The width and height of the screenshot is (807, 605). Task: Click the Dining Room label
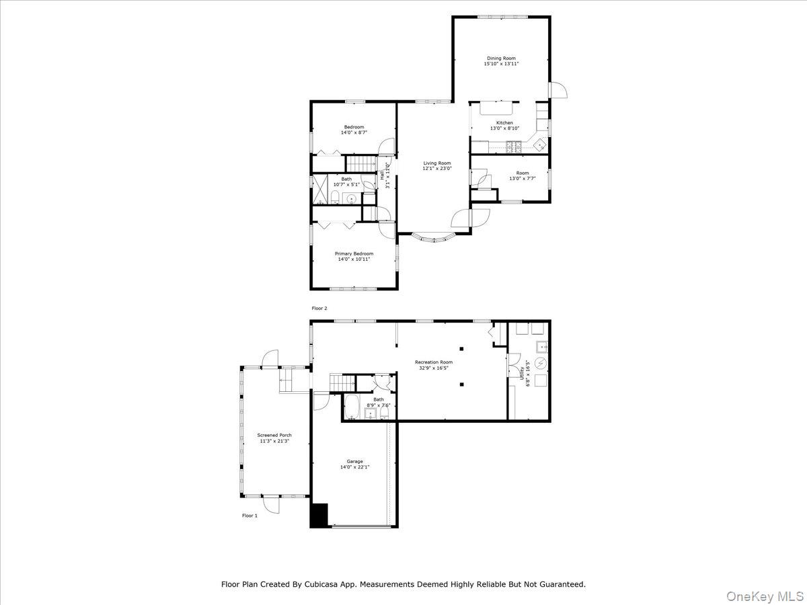tap(501, 58)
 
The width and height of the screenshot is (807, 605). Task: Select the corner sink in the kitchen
tap(539, 143)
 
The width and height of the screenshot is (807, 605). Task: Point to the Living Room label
tap(436, 163)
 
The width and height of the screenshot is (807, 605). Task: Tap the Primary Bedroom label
tap(354, 253)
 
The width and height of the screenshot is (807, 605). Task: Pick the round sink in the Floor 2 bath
tap(351, 198)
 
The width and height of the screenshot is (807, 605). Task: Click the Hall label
tap(383, 174)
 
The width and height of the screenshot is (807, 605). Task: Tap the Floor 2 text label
tap(319, 308)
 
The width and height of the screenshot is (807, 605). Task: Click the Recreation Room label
tap(432, 362)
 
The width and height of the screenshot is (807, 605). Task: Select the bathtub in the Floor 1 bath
tap(352, 407)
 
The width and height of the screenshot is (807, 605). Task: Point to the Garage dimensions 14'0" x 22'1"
tap(354, 467)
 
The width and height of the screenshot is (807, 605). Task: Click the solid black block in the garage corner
tap(318, 515)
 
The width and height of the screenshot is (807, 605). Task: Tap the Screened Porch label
tap(274, 435)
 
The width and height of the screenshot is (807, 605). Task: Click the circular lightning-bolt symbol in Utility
tap(542, 364)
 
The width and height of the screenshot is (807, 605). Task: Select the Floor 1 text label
tap(249, 516)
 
